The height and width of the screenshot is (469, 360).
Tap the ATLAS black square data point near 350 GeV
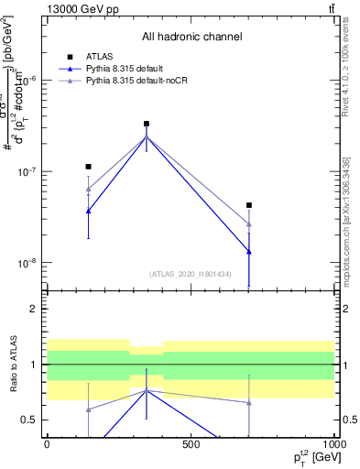tap(147, 124)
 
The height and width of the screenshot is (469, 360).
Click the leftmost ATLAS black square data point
tap(88, 167)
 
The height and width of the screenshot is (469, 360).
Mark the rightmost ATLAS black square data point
tap(249, 205)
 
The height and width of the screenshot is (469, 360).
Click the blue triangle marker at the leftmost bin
tap(88, 211)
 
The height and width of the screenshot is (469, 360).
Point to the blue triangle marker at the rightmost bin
tap(249, 252)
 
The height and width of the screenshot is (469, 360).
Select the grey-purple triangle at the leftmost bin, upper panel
tap(88, 190)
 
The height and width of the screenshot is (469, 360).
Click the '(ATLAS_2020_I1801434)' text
tap(191, 273)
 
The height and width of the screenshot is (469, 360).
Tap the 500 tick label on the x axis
tap(191, 443)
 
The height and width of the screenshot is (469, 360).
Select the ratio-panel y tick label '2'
tap(35, 310)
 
